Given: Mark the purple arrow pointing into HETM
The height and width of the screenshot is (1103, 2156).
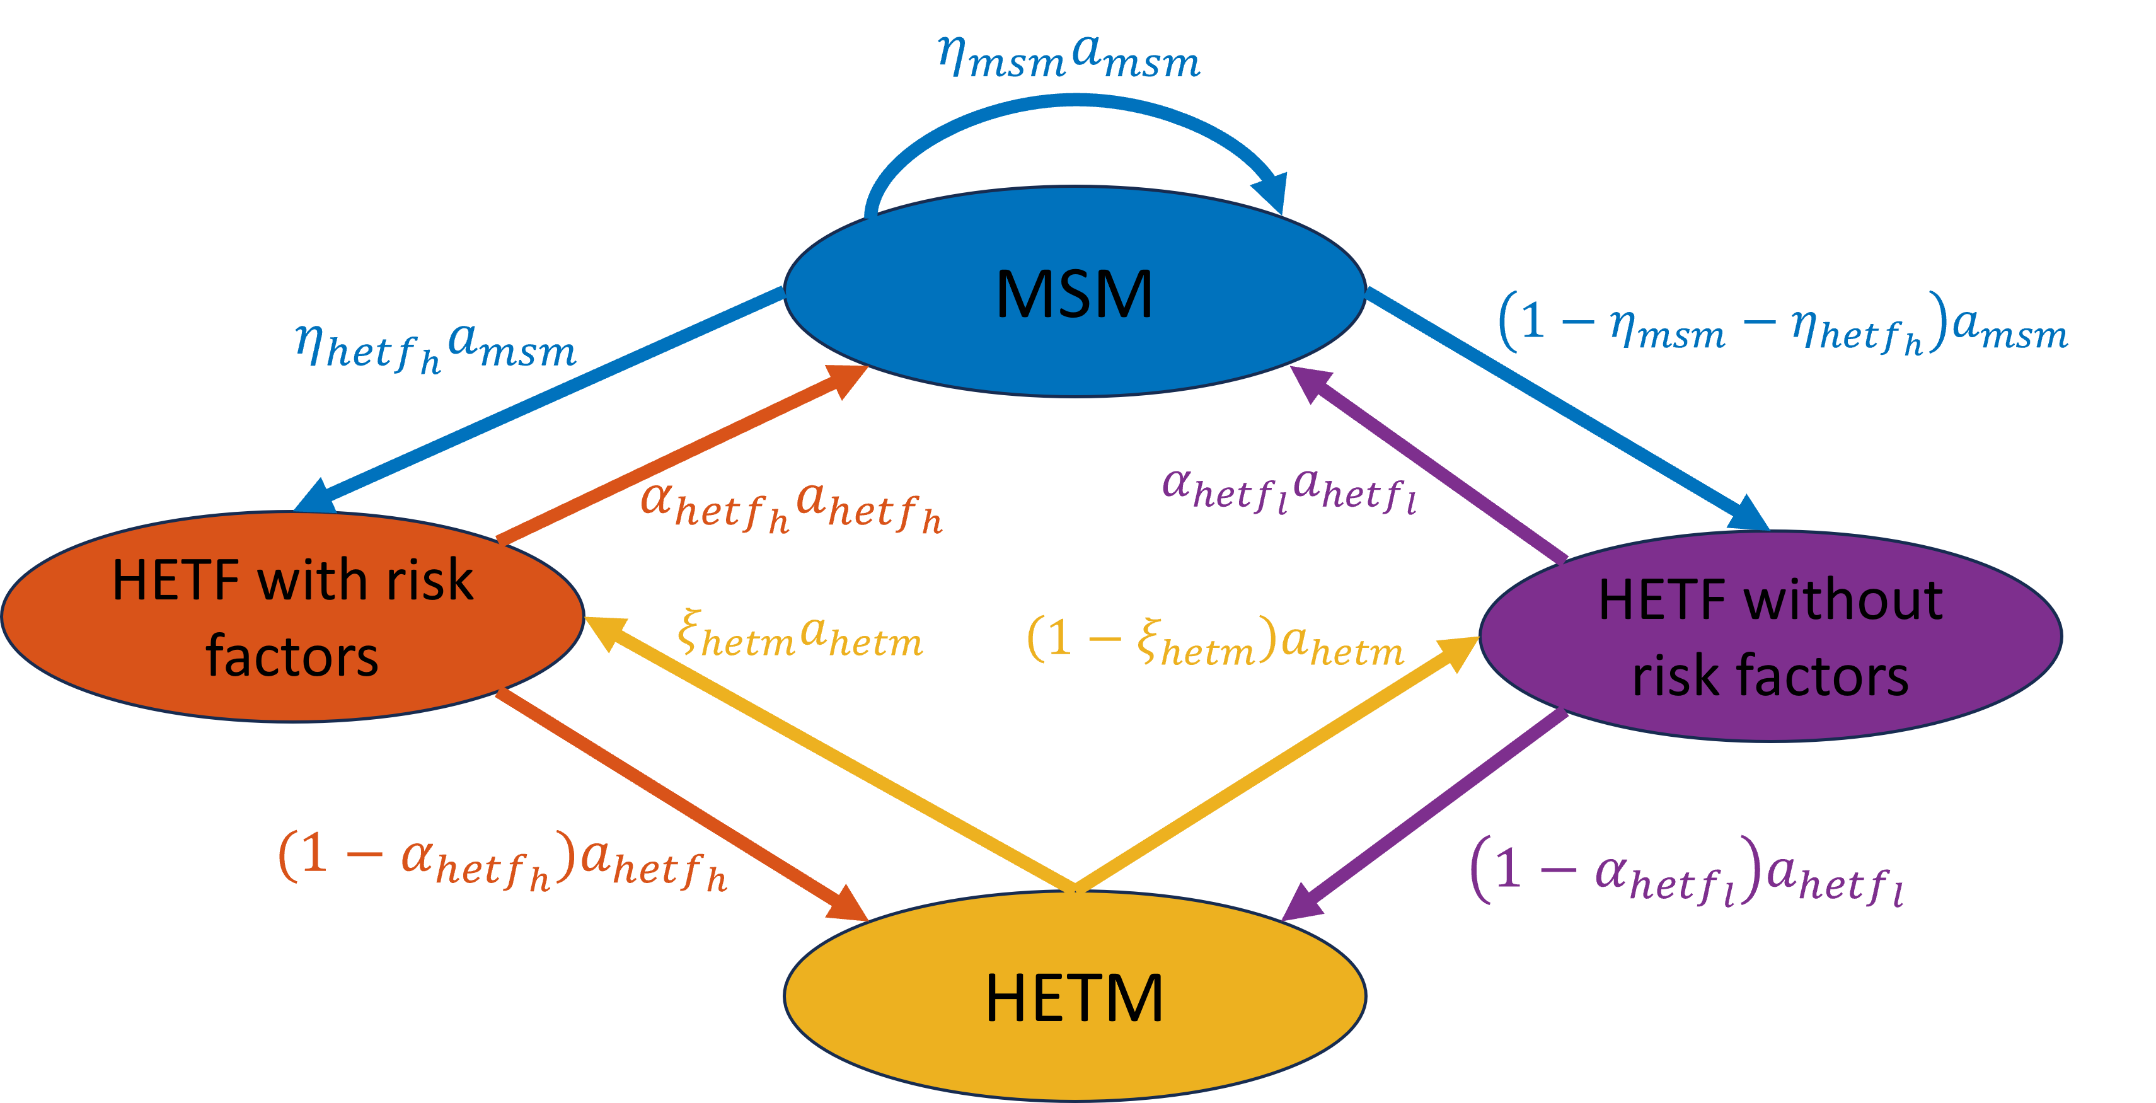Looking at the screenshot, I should pyautogui.click(x=1423, y=816).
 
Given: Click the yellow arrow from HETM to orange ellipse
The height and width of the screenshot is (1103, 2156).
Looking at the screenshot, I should pyautogui.click(x=829, y=753).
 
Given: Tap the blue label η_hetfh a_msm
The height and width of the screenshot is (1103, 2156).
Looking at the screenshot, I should pyautogui.click(x=436, y=347).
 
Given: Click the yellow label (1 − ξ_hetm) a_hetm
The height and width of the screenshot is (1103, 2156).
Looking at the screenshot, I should pyautogui.click(x=1214, y=643).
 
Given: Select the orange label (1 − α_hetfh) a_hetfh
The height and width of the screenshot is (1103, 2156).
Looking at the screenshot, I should pyautogui.click(x=502, y=862).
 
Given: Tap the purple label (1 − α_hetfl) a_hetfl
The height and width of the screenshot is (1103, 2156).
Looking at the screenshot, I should pyautogui.click(x=1686, y=875).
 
